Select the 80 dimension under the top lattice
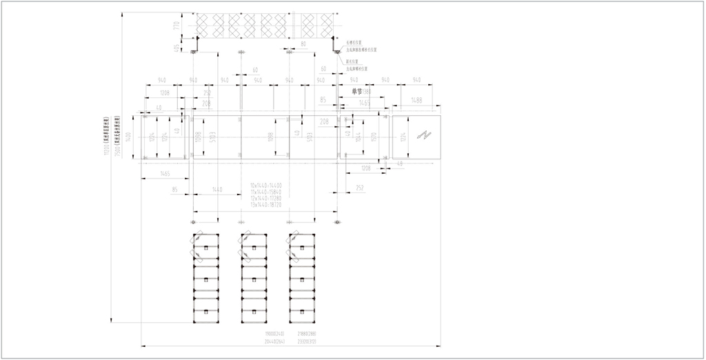point(304,43)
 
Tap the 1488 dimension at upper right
point(416,101)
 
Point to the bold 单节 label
point(356,91)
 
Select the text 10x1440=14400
point(265,186)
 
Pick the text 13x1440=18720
point(265,204)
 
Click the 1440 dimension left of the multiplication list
point(217,188)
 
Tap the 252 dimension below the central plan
point(360,188)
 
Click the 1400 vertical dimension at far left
point(128,137)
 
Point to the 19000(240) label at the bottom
point(274,334)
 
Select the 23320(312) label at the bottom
point(307,340)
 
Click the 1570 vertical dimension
point(374,137)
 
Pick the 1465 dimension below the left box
point(165,174)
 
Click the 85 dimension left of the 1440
point(175,188)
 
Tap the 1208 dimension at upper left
point(164,92)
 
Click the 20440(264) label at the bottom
point(274,340)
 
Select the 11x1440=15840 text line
point(265,192)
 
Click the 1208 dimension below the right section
point(366,168)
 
